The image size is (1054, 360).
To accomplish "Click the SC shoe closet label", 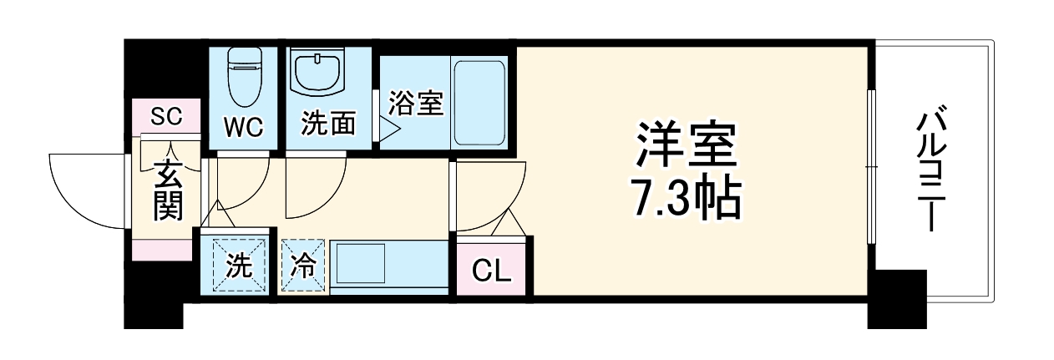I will (165, 116).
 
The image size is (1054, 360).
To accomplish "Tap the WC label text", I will (243, 127).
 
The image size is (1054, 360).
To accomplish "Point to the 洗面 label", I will (328, 124).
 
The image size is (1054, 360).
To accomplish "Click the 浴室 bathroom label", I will (415, 104).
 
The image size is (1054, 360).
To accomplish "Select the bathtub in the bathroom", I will (479, 102).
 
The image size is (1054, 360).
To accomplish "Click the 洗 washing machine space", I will (239, 266).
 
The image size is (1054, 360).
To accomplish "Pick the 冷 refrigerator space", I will (302, 266).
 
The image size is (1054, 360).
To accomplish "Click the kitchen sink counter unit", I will (389, 266).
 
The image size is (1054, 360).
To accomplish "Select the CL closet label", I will (492, 270).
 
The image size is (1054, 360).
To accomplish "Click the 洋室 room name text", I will (687, 147).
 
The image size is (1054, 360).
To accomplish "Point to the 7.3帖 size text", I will (687, 198).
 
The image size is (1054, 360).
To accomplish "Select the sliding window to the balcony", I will (870, 167).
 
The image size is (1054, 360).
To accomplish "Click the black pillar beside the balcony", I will (897, 298).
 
